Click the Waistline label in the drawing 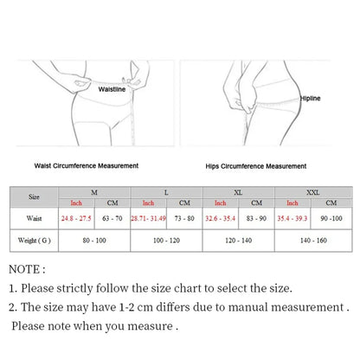tap(112, 89)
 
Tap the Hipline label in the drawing tap(310, 99)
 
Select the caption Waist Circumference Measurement tap(87, 166)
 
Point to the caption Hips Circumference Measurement tap(256, 166)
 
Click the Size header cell tap(34, 197)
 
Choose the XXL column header tap(313, 192)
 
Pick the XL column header tap(238, 192)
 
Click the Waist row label tap(34, 218)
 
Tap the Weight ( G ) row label tap(34, 241)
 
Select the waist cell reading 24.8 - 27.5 tap(76, 218)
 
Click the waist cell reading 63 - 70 tap(112, 218)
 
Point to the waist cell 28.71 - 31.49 tap(148, 218)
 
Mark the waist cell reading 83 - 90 tap(256, 218)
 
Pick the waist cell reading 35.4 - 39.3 tap(292, 218)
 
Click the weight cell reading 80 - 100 tap(94, 241)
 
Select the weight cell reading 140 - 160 tap(313, 241)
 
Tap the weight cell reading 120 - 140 tap(239, 241)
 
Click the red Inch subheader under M tap(76, 203)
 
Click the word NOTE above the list tap(24, 269)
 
